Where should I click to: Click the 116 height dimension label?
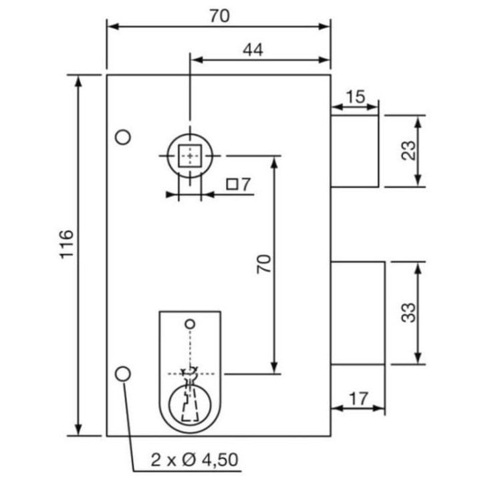pos(66,244)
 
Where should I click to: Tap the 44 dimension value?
pos(253,49)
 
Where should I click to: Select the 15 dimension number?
pos(356,97)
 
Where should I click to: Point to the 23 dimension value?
pos(408,150)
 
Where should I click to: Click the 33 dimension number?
pos(408,313)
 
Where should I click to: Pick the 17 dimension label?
pos(358,399)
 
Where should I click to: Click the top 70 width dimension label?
pos(220,16)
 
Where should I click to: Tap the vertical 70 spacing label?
pos(263,264)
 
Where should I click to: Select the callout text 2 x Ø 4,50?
pos(195,459)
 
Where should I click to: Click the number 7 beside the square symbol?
pos(246,185)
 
